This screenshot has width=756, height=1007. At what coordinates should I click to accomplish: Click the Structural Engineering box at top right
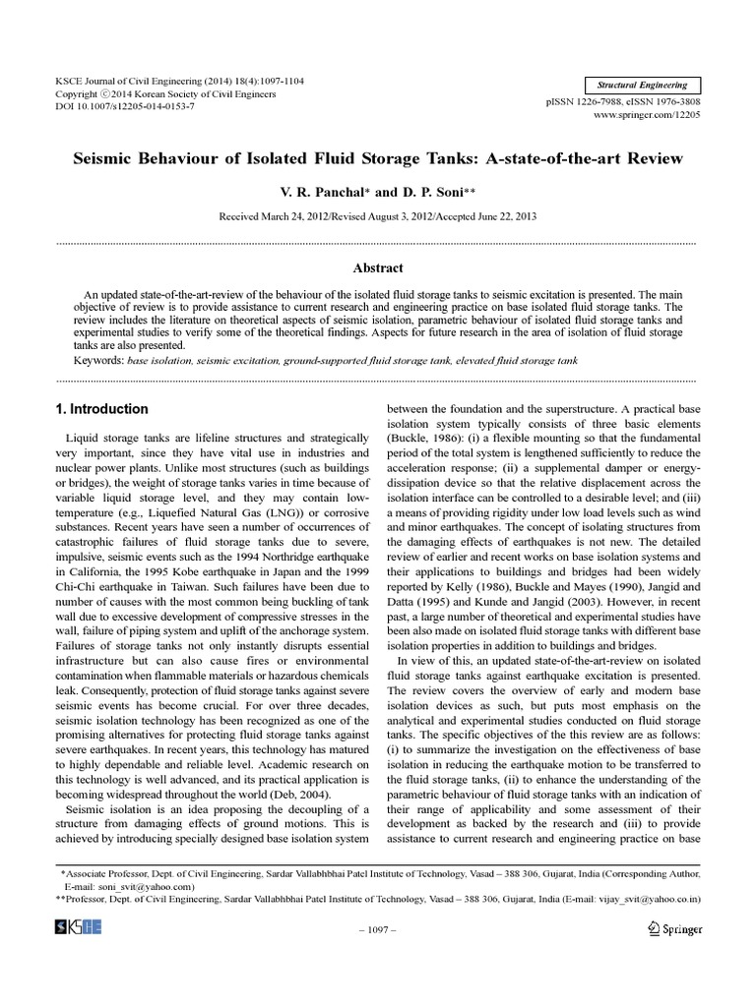(642, 86)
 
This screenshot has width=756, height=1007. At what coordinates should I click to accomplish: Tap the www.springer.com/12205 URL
(645, 115)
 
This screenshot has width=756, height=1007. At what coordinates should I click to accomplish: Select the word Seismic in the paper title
(101, 157)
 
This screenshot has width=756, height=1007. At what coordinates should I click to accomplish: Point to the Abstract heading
(377, 267)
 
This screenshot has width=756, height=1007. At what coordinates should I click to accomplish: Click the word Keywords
(92, 361)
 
